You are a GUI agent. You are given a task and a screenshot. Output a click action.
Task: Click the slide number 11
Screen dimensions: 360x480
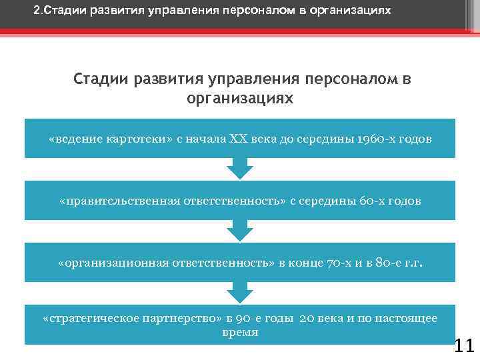tap(463, 345)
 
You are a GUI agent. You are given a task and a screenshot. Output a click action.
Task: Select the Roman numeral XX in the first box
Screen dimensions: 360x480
tap(238, 139)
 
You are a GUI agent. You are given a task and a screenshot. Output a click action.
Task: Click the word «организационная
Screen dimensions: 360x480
tap(110, 262)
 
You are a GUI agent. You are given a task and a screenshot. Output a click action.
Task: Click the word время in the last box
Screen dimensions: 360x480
tap(240, 332)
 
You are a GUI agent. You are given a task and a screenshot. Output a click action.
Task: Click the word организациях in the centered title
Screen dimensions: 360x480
tap(240, 98)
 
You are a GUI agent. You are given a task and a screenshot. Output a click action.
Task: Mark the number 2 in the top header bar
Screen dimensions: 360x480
tap(36, 11)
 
